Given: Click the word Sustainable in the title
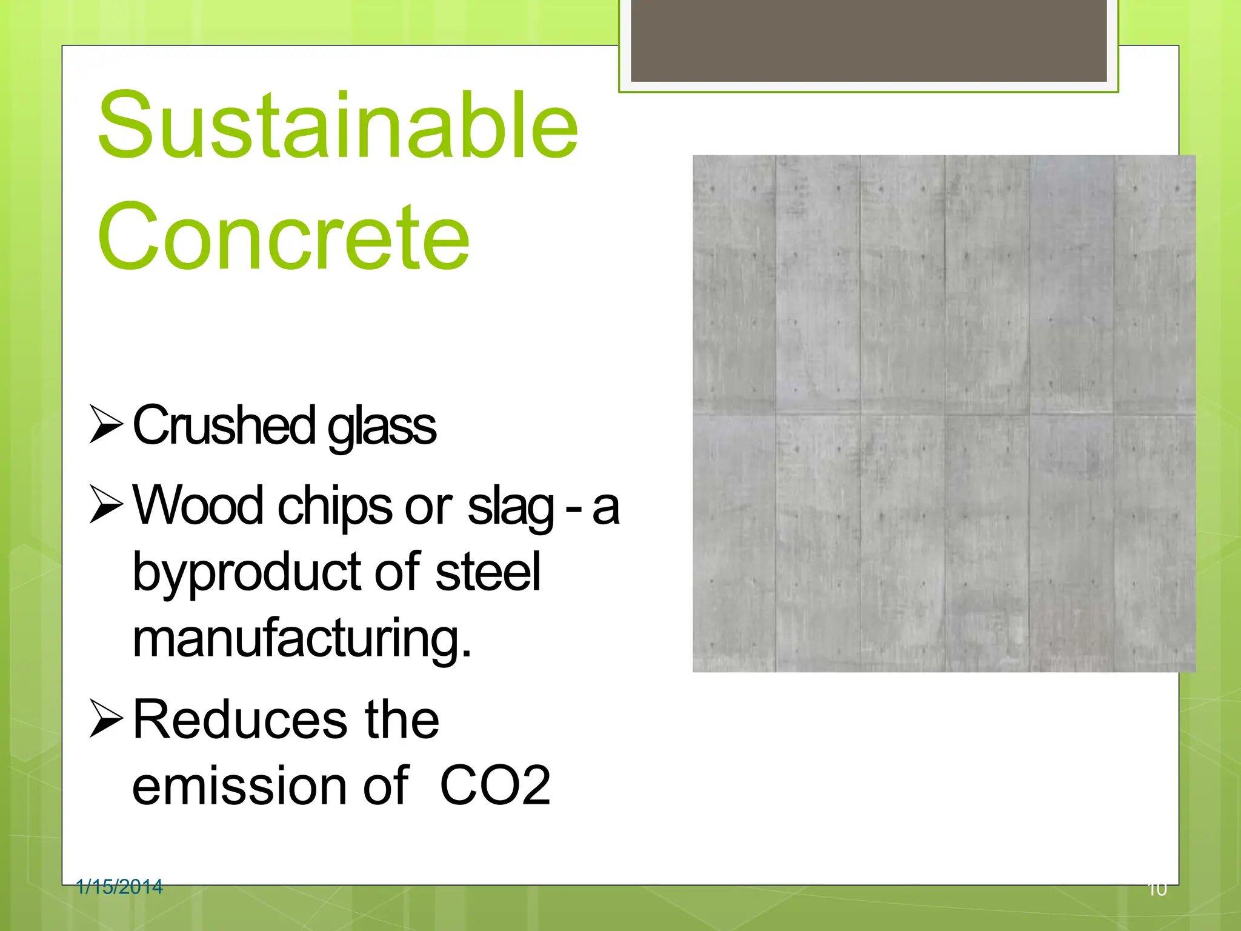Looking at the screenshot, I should (338, 125).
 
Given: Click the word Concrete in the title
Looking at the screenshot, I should (283, 236).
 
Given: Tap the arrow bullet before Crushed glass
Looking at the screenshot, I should (106, 424).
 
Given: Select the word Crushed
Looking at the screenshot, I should (224, 426).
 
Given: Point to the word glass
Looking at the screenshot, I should (381, 428).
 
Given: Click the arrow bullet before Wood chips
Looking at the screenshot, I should (106, 504).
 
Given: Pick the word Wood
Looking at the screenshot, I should (198, 506).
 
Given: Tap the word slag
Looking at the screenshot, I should (510, 508).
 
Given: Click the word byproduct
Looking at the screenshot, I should (246, 573).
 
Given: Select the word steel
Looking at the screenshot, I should (487, 572).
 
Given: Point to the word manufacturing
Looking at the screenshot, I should (301, 639).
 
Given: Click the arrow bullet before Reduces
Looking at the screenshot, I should (106, 719).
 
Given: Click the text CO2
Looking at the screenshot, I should (495, 786).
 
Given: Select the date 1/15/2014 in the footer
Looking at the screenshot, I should (119, 887).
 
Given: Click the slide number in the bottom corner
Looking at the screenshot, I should (1157, 889).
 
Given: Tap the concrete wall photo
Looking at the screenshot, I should (943, 413).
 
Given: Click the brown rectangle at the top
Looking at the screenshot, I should (868, 40).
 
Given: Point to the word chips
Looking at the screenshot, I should (334, 508).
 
